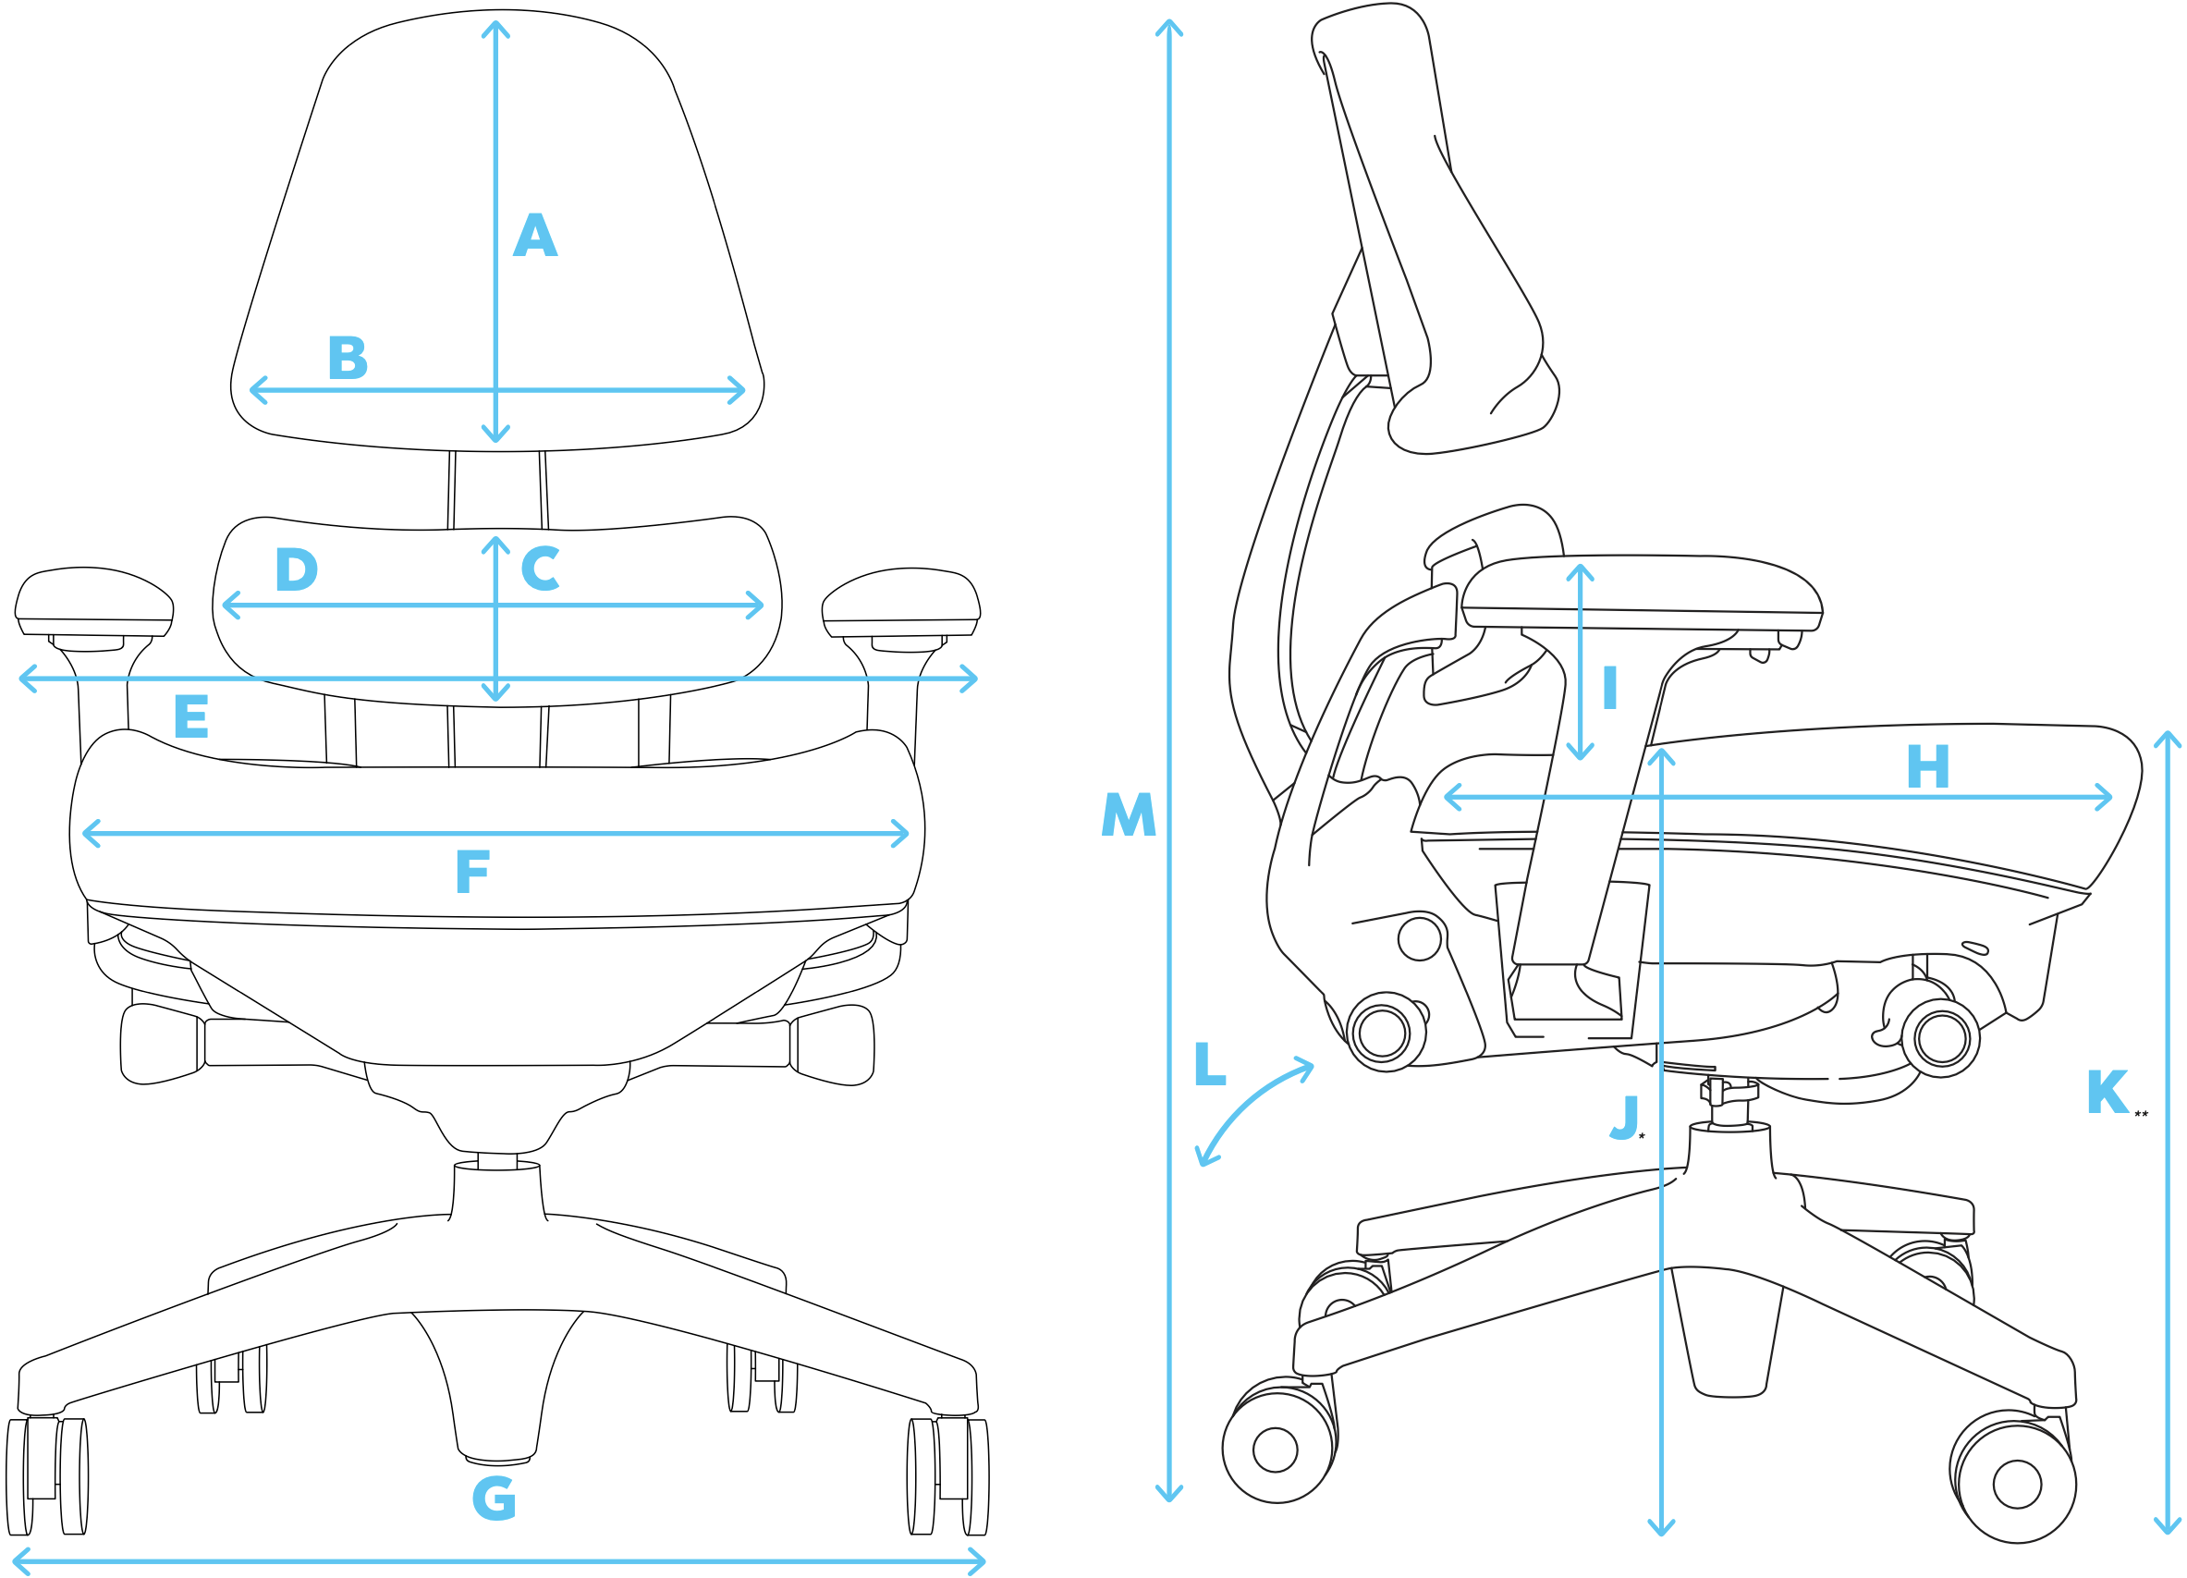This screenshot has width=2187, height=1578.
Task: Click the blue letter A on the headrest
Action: coord(535,236)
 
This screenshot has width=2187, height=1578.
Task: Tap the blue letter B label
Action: coord(348,358)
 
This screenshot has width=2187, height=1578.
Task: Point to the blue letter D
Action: coord(296,569)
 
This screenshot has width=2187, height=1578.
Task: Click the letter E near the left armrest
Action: coord(191,716)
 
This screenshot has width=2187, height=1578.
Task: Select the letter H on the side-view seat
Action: coord(1927,767)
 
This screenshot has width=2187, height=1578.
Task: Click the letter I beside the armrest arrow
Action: coord(1609,688)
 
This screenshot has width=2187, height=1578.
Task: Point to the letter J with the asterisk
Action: coord(1625,1117)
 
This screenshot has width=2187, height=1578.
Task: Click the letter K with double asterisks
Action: coord(2107,1092)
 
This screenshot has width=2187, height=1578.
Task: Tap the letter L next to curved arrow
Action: coord(1209,1063)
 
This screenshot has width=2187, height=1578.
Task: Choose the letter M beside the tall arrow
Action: coord(1129,814)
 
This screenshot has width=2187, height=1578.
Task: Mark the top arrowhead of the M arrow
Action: coord(1168,26)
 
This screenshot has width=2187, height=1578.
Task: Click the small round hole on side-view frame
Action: coord(1420,938)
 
